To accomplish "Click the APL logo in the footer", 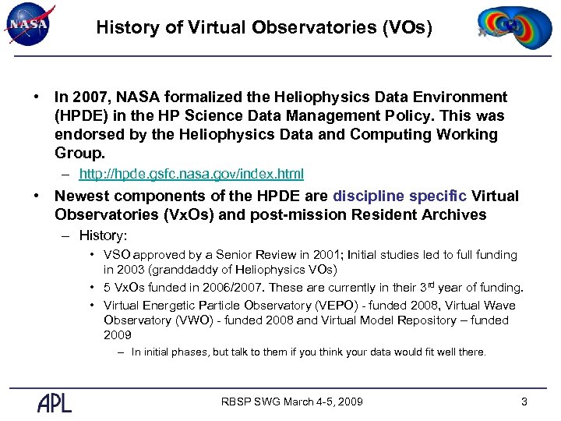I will coord(55,402).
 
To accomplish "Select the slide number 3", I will coord(524,402).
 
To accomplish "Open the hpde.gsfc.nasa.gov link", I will coord(192,174).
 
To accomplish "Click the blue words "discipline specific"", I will coord(400,196).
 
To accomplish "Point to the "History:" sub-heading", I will coord(104,235).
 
